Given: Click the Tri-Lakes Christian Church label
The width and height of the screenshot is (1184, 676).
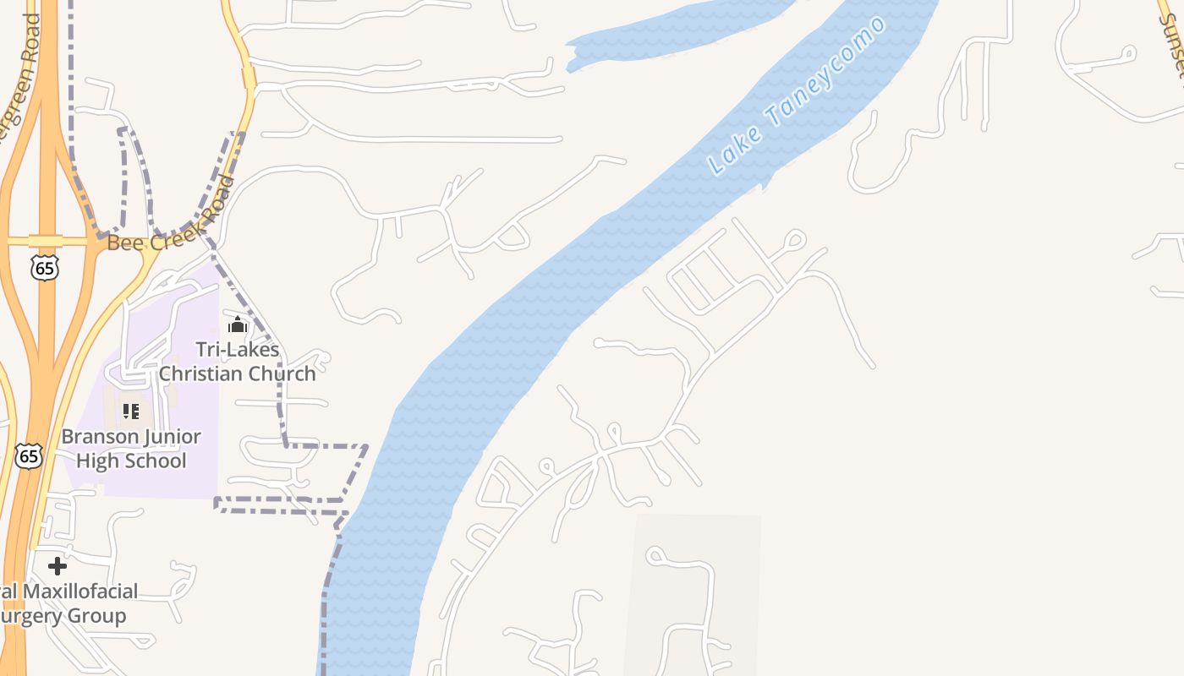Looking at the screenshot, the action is [x=238, y=362].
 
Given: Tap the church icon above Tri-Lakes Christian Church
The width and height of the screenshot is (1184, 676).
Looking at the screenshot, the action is [x=237, y=324].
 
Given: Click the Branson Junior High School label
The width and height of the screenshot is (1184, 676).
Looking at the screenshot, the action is [x=131, y=449].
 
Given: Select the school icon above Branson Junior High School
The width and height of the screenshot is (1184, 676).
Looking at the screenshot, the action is [x=130, y=412].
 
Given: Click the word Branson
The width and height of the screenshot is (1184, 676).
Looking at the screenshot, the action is [x=101, y=437].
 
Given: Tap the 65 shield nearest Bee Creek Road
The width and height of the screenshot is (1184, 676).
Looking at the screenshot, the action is [x=44, y=269].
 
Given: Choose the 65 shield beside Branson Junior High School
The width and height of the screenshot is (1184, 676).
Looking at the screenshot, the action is [x=29, y=456].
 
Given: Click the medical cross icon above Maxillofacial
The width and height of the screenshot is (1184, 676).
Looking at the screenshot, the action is [x=58, y=565].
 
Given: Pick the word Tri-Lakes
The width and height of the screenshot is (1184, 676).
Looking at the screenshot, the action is [x=238, y=350].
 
